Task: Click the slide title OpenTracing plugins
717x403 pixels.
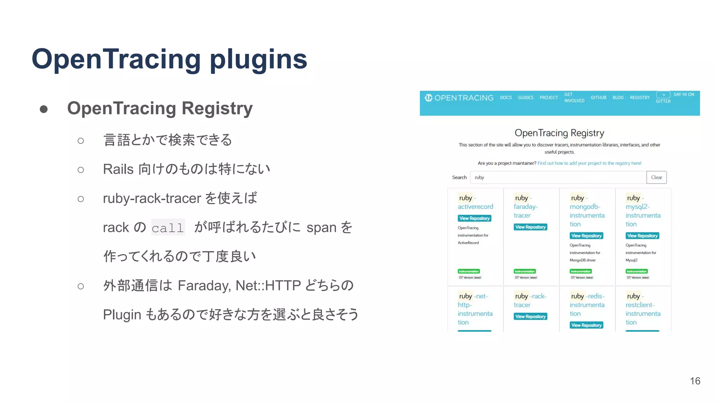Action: pyautogui.click(x=169, y=59)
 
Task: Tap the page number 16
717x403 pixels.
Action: pyautogui.click(x=695, y=381)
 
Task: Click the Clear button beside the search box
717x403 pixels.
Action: pyautogui.click(x=656, y=177)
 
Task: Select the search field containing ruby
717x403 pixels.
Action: pyautogui.click(x=558, y=177)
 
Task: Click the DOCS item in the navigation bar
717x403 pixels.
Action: pyautogui.click(x=506, y=98)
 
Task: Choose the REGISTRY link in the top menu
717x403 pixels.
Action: pyautogui.click(x=639, y=98)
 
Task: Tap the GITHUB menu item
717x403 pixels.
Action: pyautogui.click(x=598, y=98)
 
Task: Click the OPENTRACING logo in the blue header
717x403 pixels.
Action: pyautogui.click(x=459, y=98)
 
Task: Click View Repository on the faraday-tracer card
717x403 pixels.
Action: pyautogui.click(x=530, y=227)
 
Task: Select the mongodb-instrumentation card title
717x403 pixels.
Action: pyautogui.click(x=586, y=215)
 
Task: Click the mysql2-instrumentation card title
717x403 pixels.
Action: pyautogui.click(x=642, y=215)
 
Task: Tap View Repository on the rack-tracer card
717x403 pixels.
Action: pyautogui.click(x=530, y=317)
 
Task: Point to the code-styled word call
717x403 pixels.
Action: pyautogui.click(x=168, y=228)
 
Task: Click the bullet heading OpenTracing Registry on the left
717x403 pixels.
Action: pyautogui.click(x=160, y=108)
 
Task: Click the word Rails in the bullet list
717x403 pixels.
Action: pyautogui.click(x=118, y=169)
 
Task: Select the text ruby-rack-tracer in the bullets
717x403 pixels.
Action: pyautogui.click(x=152, y=198)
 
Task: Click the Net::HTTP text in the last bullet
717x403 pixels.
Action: pyautogui.click(x=268, y=285)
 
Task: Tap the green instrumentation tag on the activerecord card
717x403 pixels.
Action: pyautogui.click(x=468, y=271)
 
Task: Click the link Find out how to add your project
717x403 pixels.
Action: pyautogui.click(x=589, y=163)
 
